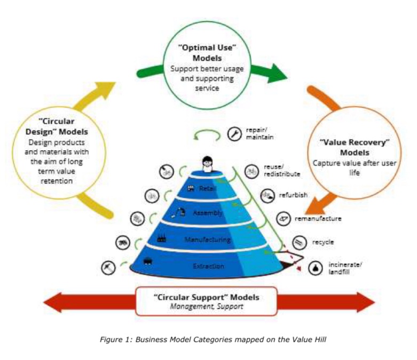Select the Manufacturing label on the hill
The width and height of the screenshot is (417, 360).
coord(207,239)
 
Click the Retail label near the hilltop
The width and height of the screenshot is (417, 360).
coord(206,188)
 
